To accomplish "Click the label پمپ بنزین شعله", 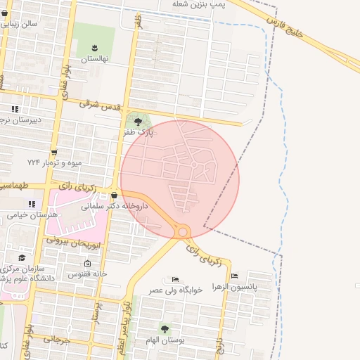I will click(x=200, y=5).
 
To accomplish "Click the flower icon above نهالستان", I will click(x=94, y=48).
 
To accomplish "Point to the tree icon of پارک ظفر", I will click(x=138, y=122).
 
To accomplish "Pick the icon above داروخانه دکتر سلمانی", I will click(x=115, y=195).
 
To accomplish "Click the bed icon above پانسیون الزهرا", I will click(x=235, y=276).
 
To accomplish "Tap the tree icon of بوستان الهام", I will click(x=165, y=328).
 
